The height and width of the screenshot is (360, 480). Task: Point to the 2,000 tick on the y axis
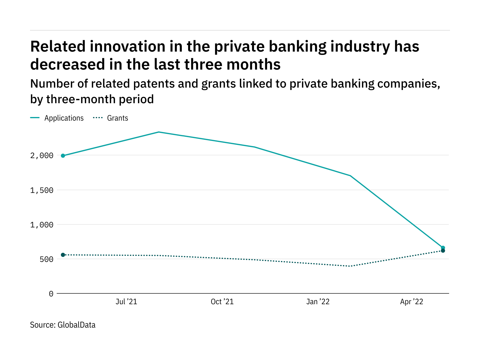[x=42, y=155]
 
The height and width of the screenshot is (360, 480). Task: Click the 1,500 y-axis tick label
[x=42, y=190]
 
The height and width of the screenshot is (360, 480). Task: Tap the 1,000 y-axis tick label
[x=42, y=225]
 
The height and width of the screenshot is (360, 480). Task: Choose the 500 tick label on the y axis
[x=46, y=259]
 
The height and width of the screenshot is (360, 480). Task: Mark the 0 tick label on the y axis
[x=51, y=294]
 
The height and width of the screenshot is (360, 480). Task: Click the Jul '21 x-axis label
[x=126, y=302]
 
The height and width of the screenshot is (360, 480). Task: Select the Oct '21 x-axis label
[x=222, y=302]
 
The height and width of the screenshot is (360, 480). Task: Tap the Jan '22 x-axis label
[x=318, y=302]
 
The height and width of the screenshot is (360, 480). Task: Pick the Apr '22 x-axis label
[x=412, y=302]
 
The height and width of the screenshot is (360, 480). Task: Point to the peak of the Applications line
[x=159, y=132]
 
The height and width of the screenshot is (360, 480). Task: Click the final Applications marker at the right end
[x=443, y=248]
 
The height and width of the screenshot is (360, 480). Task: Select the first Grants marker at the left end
[x=63, y=255]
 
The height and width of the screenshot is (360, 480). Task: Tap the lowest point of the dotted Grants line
[x=350, y=266]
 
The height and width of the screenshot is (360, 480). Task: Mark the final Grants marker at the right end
[x=443, y=251]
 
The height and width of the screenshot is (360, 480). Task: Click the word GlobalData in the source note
[x=76, y=325]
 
